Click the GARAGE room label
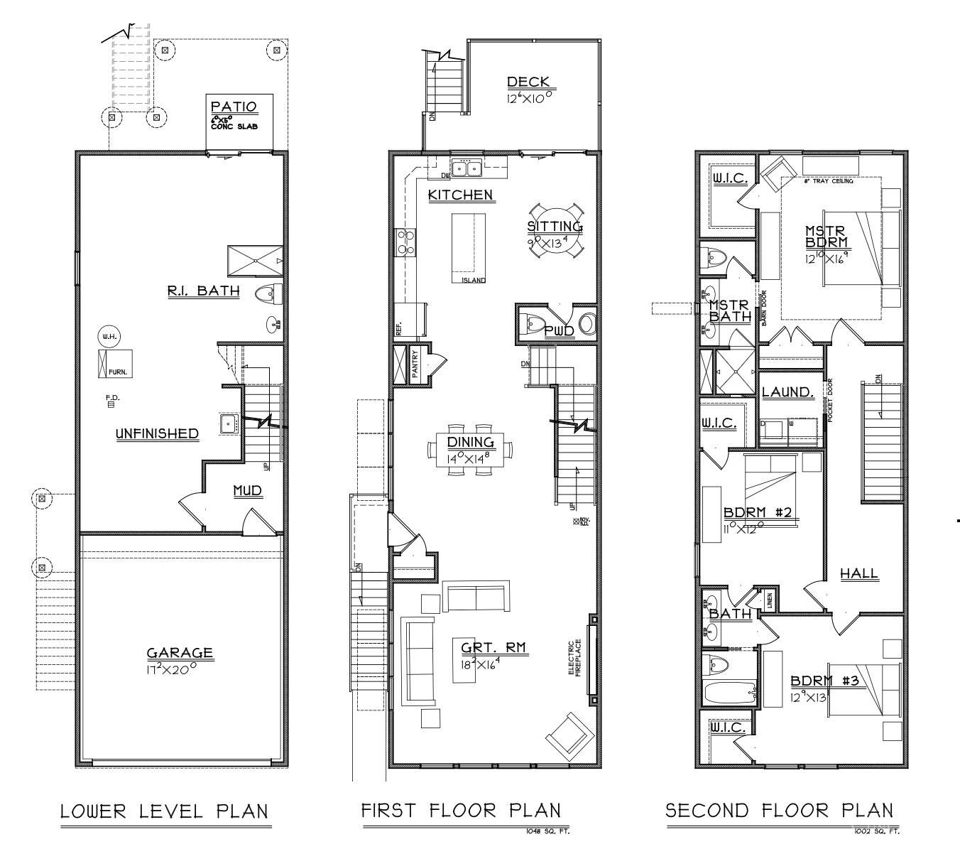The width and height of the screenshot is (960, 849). [x=180, y=652]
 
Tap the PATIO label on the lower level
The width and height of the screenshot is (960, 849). [x=234, y=107]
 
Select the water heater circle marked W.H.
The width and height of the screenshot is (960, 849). [x=109, y=336]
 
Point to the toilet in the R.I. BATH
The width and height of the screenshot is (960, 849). [x=269, y=292]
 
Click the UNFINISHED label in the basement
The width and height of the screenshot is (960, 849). [x=157, y=433]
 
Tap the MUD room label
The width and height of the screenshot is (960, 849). [x=248, y=491]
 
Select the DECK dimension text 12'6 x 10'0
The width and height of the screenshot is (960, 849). [x=529, y=98]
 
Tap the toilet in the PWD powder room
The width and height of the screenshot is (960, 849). [x=533, y=324]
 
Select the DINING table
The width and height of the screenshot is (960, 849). [x=469, y=450]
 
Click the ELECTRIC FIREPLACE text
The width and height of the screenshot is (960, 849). [x=577, y=657]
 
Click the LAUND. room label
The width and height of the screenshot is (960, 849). [x=787, y=392]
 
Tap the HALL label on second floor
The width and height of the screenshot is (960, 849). [x=859, y=573]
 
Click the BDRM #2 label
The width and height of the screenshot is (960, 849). [x=758, y=513]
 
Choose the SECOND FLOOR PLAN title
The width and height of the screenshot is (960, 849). [x=779, y=811]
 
